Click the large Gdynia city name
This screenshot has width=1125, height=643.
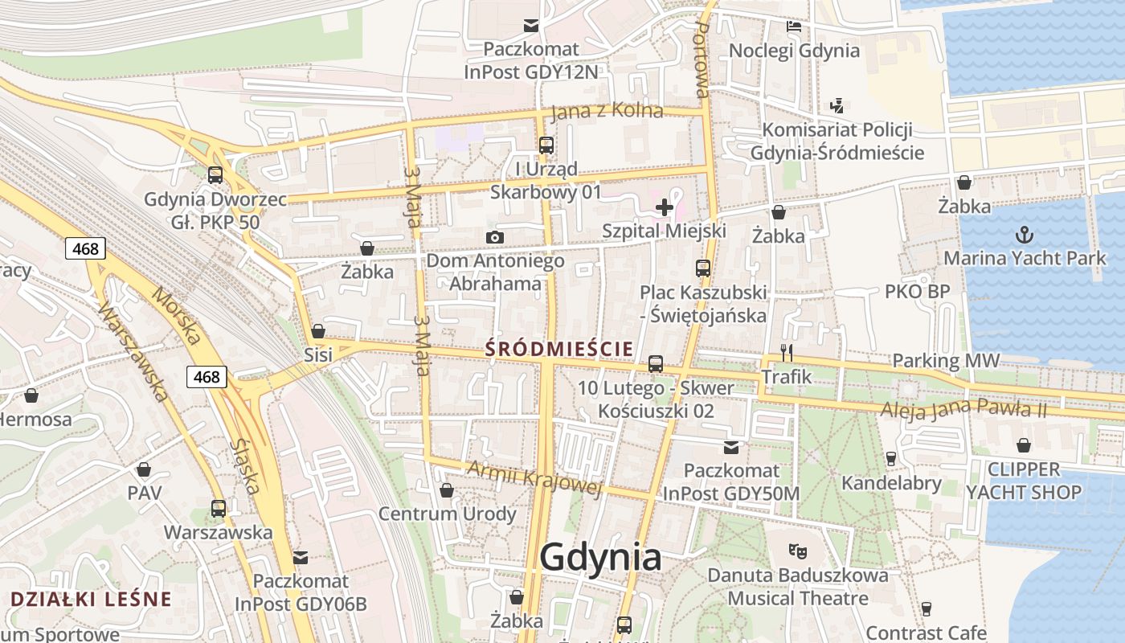[x=601, y=557]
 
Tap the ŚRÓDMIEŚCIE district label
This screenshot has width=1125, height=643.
[x=559, y=349]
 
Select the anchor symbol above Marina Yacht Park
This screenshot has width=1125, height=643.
[x=1025, y=235]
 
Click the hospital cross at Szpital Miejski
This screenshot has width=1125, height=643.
[x=664, y=207]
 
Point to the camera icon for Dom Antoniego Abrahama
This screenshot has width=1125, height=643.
[x=495, y=237]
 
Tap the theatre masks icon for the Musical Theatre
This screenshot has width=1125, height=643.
[x=797, y=551]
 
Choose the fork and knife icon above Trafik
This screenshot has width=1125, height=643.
[x=787, y=352]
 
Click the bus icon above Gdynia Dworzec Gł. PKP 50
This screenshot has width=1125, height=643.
[x=215, y=174]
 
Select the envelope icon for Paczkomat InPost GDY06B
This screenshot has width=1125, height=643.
[x=301, y=557]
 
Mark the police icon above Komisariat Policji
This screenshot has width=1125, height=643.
[x=837, y=105]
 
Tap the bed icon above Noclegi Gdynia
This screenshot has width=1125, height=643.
[x=794, y=27]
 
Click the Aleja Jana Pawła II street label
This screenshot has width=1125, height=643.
[x=964, y=410]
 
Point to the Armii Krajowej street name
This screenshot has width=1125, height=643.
[x=534, y=478]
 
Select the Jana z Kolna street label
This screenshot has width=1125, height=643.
[x=607, y=112]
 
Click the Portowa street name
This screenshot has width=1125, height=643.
[x=701, y=60]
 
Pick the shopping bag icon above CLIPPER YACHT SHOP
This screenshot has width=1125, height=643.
[x=1024, y=445]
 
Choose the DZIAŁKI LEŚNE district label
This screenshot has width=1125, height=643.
[x=92, y=599]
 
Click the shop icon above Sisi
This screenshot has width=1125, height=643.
[x=318, y=331]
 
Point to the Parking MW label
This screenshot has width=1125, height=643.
[x=946, y=361]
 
